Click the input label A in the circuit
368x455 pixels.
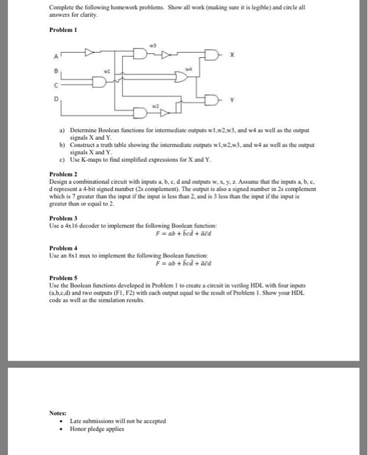tap(57, 55)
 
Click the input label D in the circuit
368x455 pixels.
tap(57, 99)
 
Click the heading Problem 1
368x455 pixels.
tap(62, 30)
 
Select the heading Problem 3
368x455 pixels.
tap(62, 218)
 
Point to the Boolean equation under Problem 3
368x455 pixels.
tap(184, 233)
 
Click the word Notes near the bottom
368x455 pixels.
tap(59, 412)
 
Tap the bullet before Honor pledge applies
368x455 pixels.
tap(60, 429)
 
